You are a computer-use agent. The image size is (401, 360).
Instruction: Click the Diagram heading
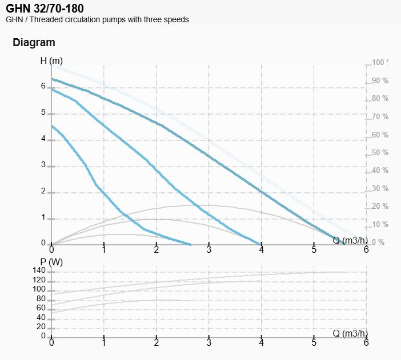tap(34, 42)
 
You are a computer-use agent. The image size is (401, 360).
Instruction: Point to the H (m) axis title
tap(51, 60)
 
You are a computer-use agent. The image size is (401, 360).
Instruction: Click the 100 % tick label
tap(380, 63)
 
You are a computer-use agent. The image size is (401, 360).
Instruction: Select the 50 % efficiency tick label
tap(380, 152)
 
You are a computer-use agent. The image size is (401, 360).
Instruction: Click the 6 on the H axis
tap(43, 86)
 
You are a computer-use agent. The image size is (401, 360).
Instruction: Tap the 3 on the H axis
tap(43, 165)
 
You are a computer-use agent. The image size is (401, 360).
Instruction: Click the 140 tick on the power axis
tap(39, 270)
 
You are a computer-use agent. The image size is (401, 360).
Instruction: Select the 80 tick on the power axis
tap(41, 298)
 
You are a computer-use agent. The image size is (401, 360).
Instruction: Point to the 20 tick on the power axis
tap(41, 326)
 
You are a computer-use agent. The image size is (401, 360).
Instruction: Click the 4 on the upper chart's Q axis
tap(262, 250)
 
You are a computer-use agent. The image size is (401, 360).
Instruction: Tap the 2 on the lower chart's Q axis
tap(157, 343)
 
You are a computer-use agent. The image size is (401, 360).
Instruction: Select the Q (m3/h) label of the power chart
tap(351, 333)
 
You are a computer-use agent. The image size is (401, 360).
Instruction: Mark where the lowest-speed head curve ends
tap(190, 244)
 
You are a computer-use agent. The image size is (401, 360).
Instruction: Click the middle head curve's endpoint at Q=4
tap(261, 244)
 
